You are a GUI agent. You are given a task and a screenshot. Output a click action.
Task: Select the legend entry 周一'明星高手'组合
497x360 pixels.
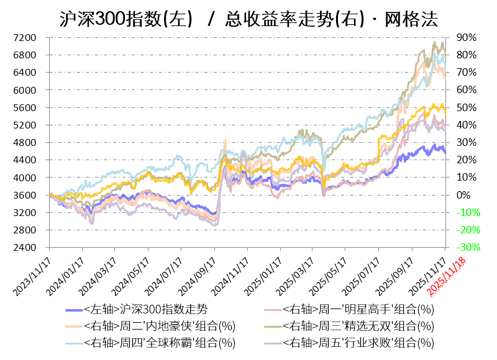(357, 309)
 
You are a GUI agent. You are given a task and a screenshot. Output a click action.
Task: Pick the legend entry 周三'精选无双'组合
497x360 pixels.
(357, 325)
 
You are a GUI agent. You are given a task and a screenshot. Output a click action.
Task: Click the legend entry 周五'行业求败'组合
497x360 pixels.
(357, 342)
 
